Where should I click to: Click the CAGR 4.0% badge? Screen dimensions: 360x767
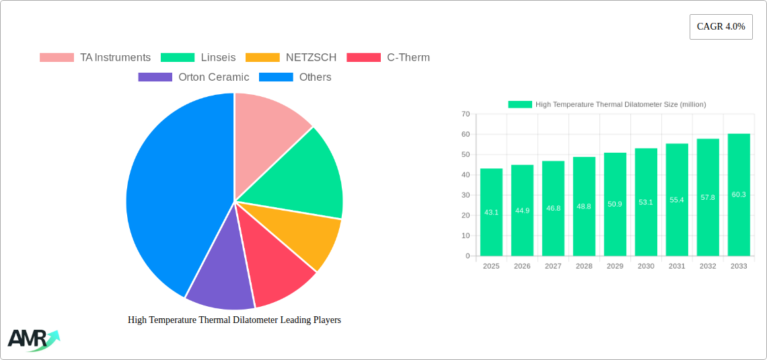[x=721, y=27]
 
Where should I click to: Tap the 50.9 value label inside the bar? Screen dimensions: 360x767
[x=615, y=204]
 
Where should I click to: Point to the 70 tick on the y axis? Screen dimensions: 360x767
[x=466, y=114]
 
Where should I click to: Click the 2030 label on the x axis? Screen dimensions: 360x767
[x=646, y=266]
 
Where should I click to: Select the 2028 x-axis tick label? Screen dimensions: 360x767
[x=584, y=266]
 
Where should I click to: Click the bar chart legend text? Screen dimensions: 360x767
[x=620, y=104]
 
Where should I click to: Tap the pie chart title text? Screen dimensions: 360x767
[x=234, y=320]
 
